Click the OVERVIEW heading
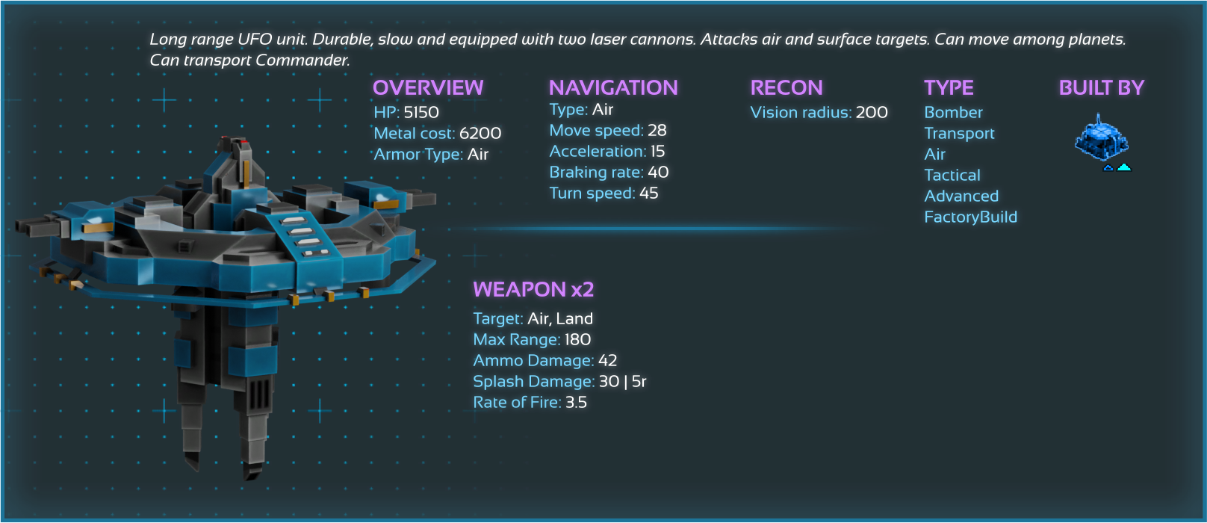coord(428,87)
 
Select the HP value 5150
coord(421,112)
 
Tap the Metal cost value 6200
coord(480,133)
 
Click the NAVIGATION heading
coord(613,87)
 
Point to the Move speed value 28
coord(657,130)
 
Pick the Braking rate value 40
coord(658,172)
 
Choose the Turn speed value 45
coord(649,193)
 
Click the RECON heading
coord(786,87)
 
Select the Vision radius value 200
coord(872,112)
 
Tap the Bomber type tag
coord(953,112)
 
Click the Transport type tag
coord(959,133)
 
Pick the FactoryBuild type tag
coord(970,217)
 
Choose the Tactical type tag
coord(952,175)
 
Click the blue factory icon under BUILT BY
coord(1101,139)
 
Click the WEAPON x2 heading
coord(533,289)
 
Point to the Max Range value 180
coord(577,339)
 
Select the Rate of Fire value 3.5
coord(576,402)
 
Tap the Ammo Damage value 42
coord(608,360)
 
